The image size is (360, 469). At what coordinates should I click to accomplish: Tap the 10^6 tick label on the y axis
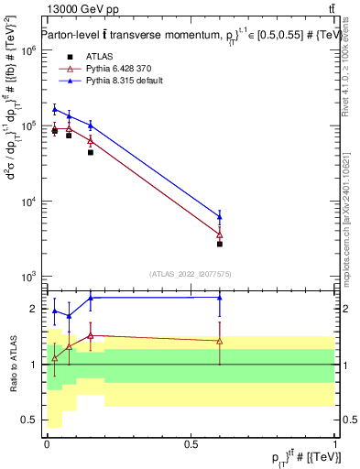click(29, 51)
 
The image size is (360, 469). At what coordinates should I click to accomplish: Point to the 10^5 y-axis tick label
click(29, 126)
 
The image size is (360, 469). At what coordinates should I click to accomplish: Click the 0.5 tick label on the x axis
click(191, 442)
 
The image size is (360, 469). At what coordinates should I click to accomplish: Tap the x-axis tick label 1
click(335, 442)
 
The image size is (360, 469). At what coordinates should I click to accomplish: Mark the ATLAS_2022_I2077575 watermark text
click(191, 273)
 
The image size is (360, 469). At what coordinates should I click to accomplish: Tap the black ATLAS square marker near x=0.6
click(220, 244)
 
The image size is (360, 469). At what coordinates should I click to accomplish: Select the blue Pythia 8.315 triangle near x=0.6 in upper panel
click(220, 217)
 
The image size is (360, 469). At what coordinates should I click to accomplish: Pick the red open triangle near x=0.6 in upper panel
click(220, 234)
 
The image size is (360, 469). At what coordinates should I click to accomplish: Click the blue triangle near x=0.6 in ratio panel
click(220, 297)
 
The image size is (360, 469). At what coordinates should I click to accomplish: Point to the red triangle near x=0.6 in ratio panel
click(220, 341)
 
